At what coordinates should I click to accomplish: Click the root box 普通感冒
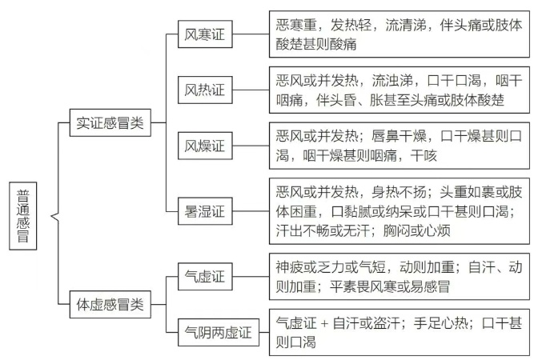pos(22,216)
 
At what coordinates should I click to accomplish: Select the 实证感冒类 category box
pos(110,122)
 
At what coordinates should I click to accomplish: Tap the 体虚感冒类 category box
pos(110,304)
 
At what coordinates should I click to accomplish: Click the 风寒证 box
pos(205,34)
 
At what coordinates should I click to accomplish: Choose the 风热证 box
pos(205,90)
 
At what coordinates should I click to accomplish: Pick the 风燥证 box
pos(205,146)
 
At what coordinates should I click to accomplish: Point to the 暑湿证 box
pos(205,211)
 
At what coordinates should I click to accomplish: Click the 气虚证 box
pos(205,276)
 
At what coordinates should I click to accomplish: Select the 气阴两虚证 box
pos(219,332)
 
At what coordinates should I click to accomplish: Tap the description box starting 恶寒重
pos(399,34)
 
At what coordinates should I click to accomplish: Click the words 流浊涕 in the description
pos(392,81)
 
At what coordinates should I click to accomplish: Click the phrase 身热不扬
pos(399,192)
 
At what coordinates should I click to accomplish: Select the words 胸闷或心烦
pos(417,230)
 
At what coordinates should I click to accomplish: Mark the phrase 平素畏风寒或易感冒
pos(390,286)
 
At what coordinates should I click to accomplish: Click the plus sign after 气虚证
pos(324,324)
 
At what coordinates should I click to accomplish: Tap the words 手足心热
pos(440,323)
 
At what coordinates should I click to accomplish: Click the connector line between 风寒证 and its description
pos(251,34)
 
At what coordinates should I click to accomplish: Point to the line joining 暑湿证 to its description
pos(251,211)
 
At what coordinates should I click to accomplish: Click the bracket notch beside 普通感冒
pos(52,217)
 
